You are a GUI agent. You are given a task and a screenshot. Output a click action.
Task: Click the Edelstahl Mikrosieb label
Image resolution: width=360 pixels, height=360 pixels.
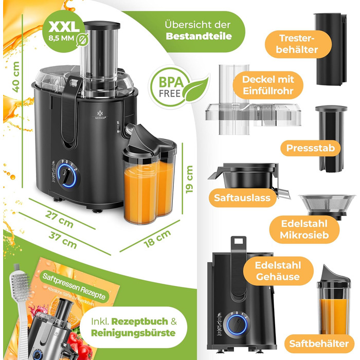click(x=303, y=230)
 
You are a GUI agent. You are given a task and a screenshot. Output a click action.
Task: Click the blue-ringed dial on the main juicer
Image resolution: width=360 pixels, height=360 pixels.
click(x=66, y=178)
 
